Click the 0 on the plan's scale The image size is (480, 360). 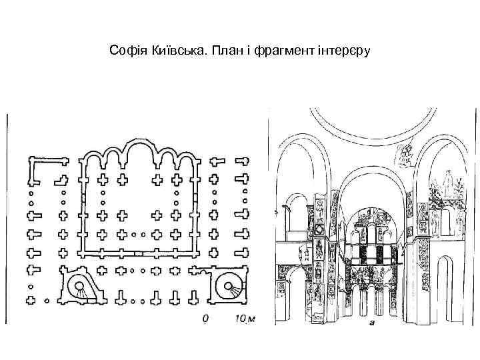click(x=207, y=319)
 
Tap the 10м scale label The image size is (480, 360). click(x=244, y=319)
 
